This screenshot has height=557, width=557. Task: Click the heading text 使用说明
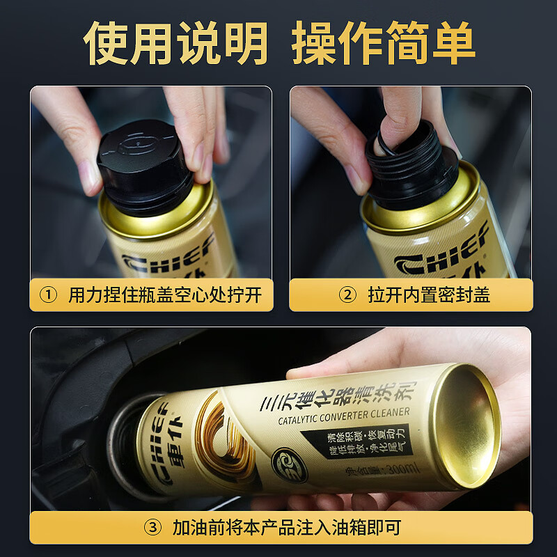pos(175,43)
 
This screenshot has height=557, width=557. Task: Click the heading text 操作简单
pos(383,43)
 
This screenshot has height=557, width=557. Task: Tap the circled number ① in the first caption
pos(48,295)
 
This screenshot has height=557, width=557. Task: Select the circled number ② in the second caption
pos(347,295)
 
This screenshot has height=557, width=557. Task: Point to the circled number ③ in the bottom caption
pos(152,527)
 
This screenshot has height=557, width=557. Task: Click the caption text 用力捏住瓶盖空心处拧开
pos(165,295)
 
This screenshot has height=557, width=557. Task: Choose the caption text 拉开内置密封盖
pos(429,295)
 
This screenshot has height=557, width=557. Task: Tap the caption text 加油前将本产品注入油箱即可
pos(287,527)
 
